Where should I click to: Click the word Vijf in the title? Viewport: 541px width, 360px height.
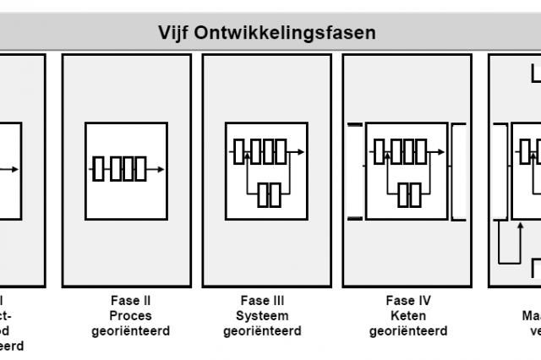174,33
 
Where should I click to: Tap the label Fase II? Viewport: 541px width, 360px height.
130,301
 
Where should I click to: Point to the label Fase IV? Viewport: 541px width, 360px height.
407,301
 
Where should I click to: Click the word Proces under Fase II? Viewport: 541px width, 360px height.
130,316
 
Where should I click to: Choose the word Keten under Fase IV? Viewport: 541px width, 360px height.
407,316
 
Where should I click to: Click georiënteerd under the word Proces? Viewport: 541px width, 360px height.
130,331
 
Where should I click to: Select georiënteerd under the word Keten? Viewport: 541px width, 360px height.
407,331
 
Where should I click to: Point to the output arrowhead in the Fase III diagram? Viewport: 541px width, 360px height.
301,152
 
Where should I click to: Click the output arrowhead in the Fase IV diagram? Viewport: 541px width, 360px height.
441,152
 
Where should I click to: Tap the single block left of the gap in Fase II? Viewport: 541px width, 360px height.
99,169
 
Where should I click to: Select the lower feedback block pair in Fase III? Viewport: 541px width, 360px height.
268,194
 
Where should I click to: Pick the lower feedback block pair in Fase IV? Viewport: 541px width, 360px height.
409,194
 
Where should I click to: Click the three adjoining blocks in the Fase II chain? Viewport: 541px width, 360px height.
128,169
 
